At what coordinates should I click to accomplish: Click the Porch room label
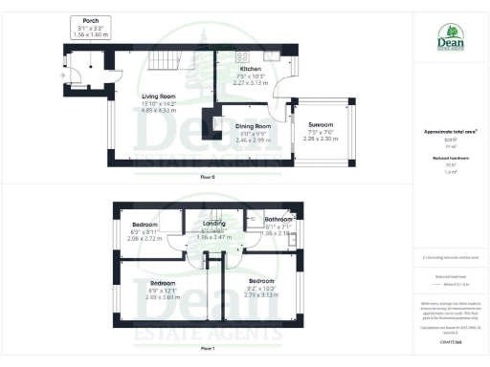coord(92,19)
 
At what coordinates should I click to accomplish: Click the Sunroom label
coord(321,125)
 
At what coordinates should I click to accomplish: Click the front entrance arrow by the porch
coord(64,75)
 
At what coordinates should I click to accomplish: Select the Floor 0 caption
coord(208,178)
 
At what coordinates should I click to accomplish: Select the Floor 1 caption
coord(208,349)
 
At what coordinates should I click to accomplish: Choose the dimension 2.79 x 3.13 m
coord(261,294)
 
